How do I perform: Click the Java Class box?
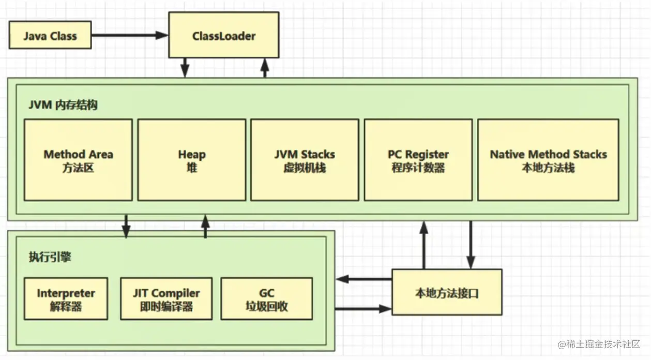[x=50, y=36]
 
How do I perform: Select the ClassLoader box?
[x=223, y=36]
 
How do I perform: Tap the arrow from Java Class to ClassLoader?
[x=129, y=35]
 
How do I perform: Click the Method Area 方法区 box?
[x=78, y=160]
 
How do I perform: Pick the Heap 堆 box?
[x=191, y=160]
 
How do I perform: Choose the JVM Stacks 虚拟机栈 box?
[x=305, y=160]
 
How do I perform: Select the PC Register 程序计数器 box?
[x=418, y=160]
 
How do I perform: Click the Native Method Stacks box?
[x=548, y=160]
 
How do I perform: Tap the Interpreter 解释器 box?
[x=66, y=299]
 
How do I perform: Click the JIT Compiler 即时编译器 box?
[x=166, y=299]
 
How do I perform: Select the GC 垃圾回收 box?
[x=266, y=299]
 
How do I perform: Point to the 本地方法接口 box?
[x=447, y=293]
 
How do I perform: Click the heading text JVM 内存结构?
[x=63, y=105]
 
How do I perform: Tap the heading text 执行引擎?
[x=50, y=258]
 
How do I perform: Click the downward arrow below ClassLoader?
[x=185, y=67]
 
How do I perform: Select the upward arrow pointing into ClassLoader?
[x=265, y=67]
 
